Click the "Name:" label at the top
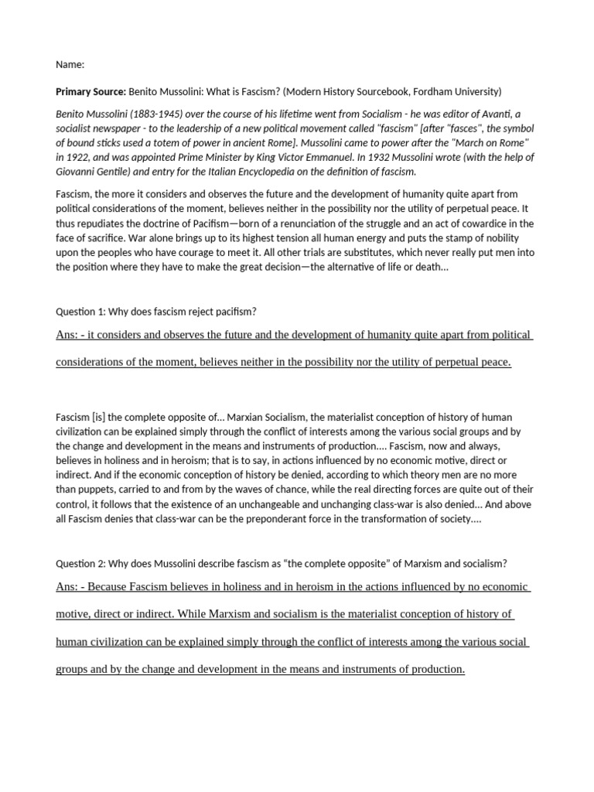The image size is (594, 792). [x=70, y=64]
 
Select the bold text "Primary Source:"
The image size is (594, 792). [x=90, y=91]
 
